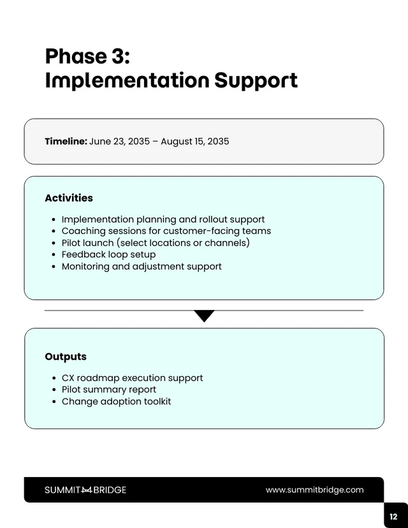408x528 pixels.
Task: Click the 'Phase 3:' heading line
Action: coord(87,57)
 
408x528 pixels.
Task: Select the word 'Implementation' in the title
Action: coord(127,81)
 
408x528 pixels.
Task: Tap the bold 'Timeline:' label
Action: coord(66,142)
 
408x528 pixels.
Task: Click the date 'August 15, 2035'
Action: coord(194,142)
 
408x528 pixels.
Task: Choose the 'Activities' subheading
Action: coord(69,198)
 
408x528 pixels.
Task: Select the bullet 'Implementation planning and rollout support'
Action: coord(163,219)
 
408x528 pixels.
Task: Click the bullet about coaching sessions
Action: coord(166,231)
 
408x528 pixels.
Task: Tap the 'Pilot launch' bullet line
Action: coord(156,243)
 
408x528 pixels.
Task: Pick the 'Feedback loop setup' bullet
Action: coord(108,254)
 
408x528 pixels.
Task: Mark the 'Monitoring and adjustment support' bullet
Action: coord(142,267)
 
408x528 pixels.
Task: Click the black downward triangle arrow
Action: coord(204,316)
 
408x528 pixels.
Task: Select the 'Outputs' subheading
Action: coord(66,357)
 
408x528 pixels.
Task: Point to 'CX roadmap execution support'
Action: coord(132,378)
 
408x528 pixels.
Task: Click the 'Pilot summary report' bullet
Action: coord(109,390)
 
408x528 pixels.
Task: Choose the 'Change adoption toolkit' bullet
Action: coord(116,402)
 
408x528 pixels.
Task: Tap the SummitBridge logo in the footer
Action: coord(85,490)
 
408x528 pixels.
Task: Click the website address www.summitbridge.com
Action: coord(315,490)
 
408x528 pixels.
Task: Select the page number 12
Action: coord(393,517)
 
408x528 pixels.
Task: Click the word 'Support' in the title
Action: coord(256,81)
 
